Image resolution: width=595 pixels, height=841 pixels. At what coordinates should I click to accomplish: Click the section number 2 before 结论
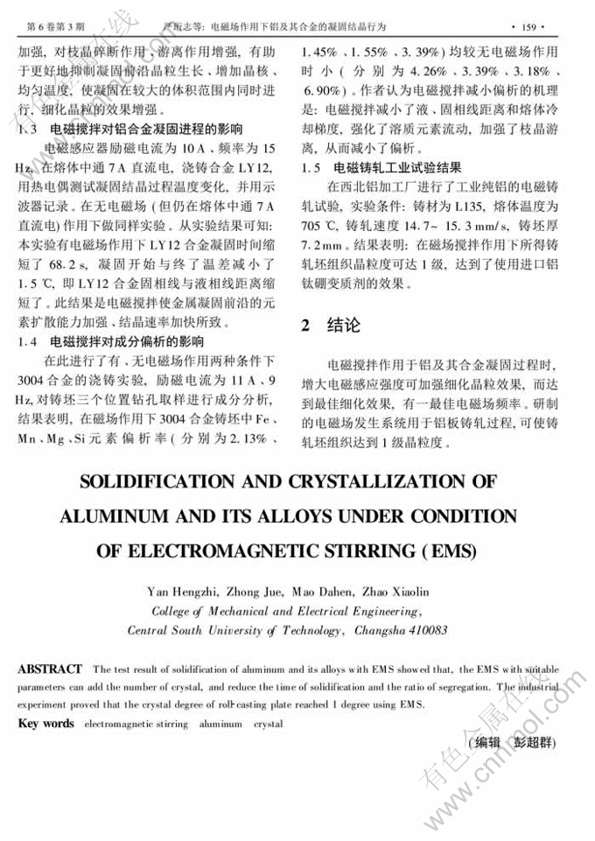coord(305,326)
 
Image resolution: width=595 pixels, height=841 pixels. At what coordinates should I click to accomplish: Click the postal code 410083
coord(423,629)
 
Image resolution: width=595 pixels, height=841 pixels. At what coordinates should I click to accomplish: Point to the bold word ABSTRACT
coord(51,669)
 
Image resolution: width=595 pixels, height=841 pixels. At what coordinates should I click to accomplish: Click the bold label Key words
coord(46,725)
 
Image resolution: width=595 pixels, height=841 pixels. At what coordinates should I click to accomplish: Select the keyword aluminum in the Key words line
coord(220,725)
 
